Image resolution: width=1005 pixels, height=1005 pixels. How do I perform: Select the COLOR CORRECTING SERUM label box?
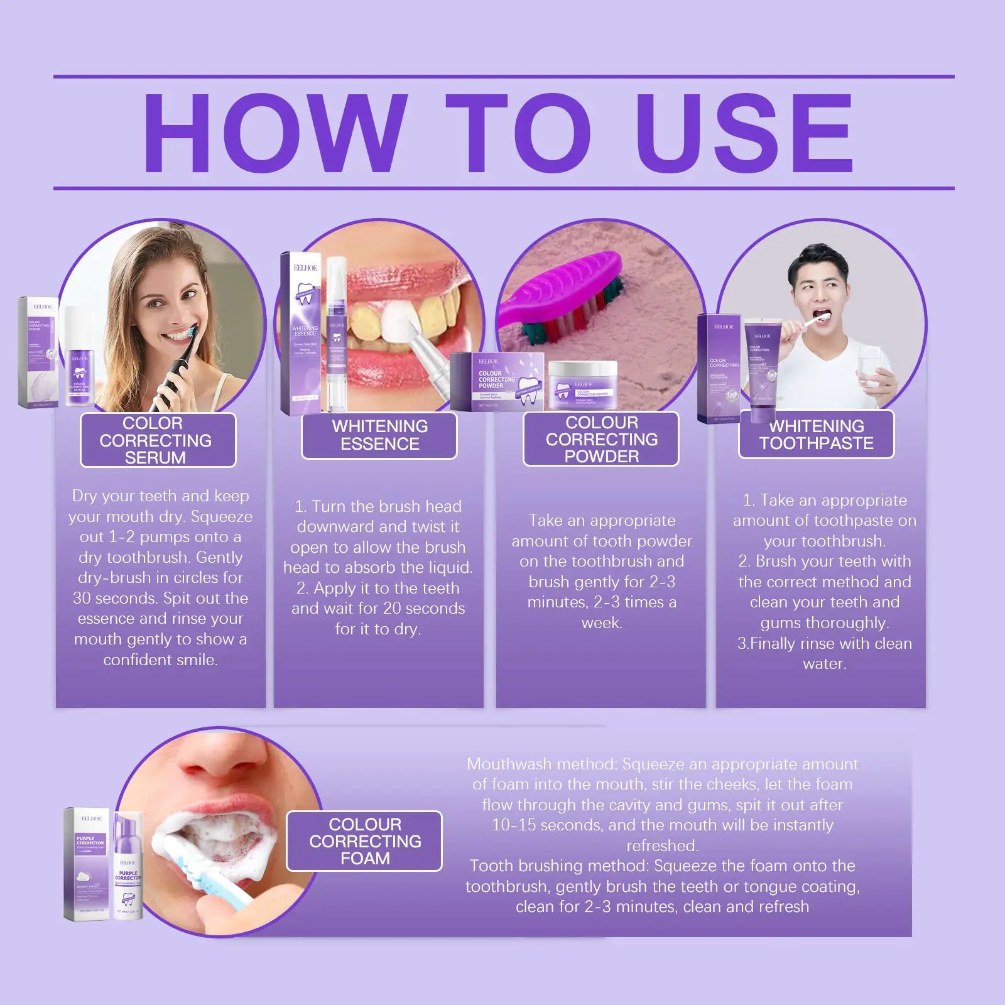pyautogui.click(x=157, y=440)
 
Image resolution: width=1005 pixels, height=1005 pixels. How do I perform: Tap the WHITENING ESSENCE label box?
pyautogui.click(x=379, y=435)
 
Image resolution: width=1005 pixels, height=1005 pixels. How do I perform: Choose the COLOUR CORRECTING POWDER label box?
pyautogui.click(x=600, y=439)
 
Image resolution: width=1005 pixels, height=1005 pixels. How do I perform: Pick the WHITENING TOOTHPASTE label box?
pyautogui.click(x=815, y=435)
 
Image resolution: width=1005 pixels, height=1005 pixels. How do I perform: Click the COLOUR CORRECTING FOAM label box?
pyautogui.click(x=364, y=841)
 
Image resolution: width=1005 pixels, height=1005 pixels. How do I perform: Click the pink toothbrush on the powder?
pyautogui.click(x=565, y=295)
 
